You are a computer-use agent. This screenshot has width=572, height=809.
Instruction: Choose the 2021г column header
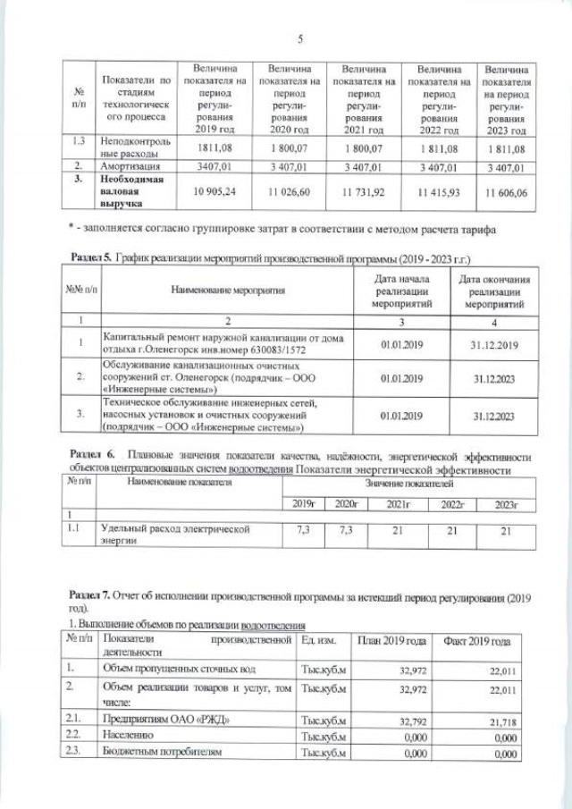[x=398, y=504]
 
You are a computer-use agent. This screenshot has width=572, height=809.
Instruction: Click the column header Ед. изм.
[x=320, y=642]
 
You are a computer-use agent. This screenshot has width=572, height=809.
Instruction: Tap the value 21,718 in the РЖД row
[x=503, y=718]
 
